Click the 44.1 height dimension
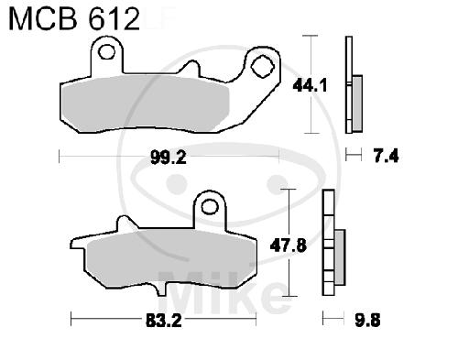pos(310,85)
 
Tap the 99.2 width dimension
pos(169,158)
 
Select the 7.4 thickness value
pos(386,157)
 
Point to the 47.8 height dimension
pos(288,245)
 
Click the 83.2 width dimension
pos(164,321)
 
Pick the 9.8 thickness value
pos(367,321)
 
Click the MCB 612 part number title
pos(74,19)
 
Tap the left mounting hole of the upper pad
pos(107,52)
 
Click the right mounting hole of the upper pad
pos(262,67)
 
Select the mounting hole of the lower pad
pos(210,206)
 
